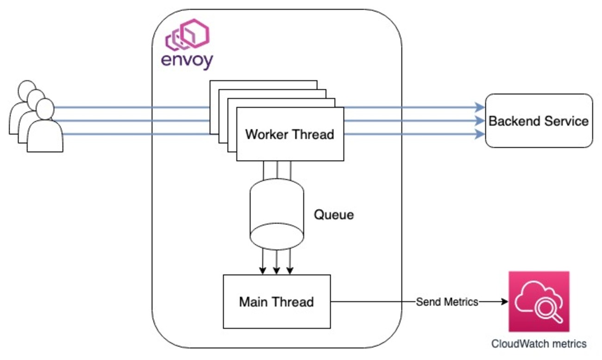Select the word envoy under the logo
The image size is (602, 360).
click(187, 61)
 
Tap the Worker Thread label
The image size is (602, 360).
click(289, 135)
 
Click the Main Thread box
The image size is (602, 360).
click(276, 301)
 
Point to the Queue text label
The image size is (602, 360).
click(334, 215)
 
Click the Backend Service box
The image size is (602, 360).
click(539, 121)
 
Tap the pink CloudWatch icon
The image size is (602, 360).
click(539, 301)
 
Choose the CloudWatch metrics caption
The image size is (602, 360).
click(539, 344)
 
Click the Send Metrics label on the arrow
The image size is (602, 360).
click(447, 302)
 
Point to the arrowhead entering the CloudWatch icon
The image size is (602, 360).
click(505, 302)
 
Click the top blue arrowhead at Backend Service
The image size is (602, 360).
click(480, 108)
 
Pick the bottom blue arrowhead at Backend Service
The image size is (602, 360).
click(480, 134)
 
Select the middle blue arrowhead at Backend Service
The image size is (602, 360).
click(480, 121)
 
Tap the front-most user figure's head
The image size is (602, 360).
click(45, 109)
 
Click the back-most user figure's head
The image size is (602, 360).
click(27, 89)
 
